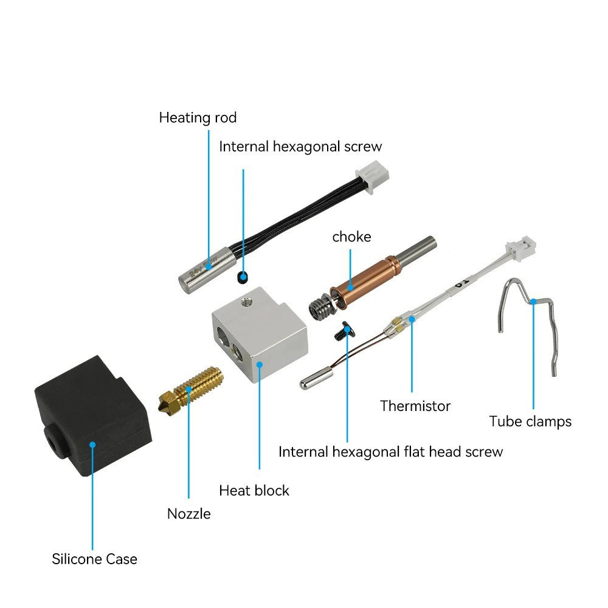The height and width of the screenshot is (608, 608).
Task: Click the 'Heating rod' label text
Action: [x=198, y=117]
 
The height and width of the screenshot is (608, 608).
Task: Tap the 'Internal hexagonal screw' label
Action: [x=300, y=147]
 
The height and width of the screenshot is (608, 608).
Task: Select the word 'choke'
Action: [x=351, y=237]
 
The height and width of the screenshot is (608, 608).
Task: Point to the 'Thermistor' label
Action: [x=415, y=406]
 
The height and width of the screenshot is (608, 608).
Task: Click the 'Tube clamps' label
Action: [x=530, y=421]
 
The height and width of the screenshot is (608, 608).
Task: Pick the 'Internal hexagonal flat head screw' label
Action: [x=390, y=452]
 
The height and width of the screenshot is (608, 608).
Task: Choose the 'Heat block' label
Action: [x=254, y=490]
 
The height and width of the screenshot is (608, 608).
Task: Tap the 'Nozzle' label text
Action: [x=189, y=514]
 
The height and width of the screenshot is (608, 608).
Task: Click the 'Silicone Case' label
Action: [x=94, y=559]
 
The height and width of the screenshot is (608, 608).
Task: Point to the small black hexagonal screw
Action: [x=243, y=278]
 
